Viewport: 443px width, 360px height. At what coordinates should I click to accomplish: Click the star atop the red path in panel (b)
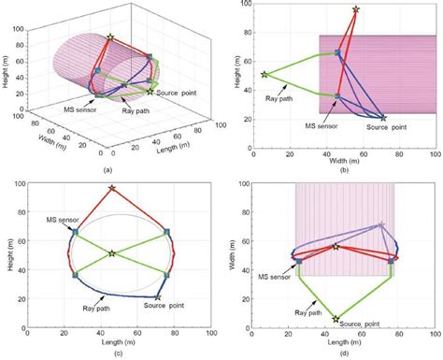355,10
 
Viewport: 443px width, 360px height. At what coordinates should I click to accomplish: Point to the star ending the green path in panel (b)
264,74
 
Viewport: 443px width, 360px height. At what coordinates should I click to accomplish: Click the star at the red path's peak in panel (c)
112,188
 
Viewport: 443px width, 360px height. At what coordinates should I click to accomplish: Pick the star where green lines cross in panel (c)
111,253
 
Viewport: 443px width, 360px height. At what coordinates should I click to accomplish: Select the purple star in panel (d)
380,225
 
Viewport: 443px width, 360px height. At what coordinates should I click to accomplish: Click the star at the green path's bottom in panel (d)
336,319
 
